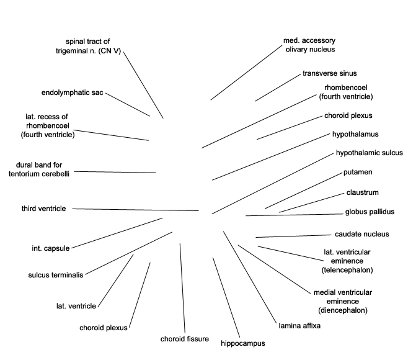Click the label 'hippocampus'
click(242, 343)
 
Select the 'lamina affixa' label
click(299, 325)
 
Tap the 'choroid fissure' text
click(185, 339)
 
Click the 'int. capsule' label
click(51, 248)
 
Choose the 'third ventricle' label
click(43, 209)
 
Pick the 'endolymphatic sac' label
click(73, 93)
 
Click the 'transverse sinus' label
click(330, 73)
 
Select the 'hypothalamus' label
click(355, 133)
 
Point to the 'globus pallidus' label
click(370, 212)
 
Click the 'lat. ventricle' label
click(76, 305)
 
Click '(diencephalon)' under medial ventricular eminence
click(343, 310)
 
